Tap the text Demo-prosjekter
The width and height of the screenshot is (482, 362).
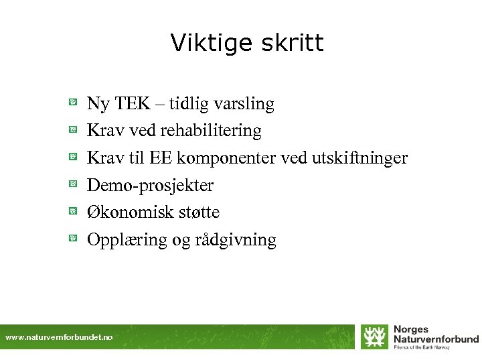coord(151,185)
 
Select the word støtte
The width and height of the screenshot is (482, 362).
coord(199,212)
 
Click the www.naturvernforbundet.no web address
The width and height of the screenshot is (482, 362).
coord(59,337)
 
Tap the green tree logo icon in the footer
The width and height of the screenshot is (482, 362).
coord(374,337)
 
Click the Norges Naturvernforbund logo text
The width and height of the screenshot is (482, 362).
coord(435,334)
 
